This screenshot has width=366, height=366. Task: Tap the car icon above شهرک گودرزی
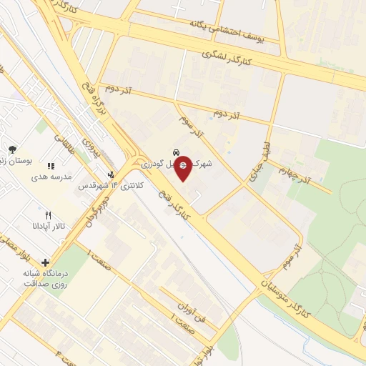pyautogui.click(x=175, y=152)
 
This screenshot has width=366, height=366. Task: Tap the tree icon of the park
pyautogui.click(x=12, y=149)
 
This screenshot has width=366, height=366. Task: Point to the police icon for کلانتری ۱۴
pyautogui.click(x=110, y=174)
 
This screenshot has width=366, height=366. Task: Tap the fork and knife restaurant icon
pyautogui.click(x=48, y=214)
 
